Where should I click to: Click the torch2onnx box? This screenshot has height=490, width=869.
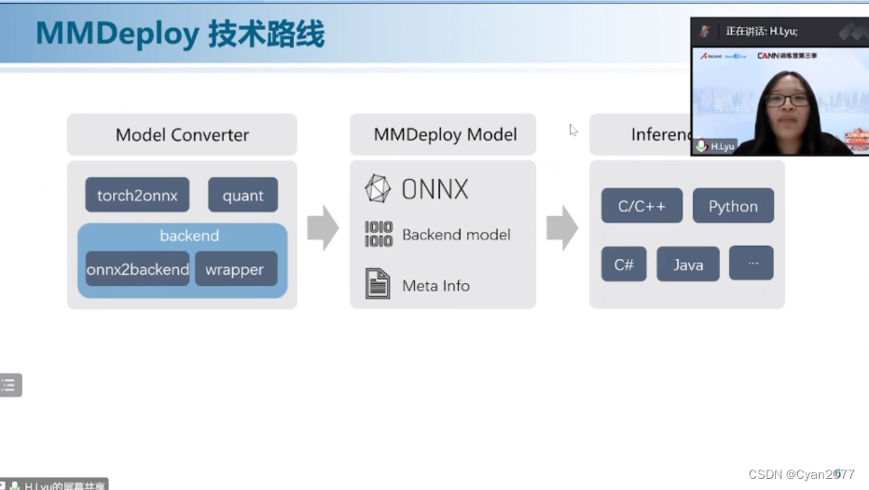(137, 196)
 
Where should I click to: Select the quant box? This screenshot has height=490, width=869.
(242, 196)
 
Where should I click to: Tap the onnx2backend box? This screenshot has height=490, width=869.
(137, 269)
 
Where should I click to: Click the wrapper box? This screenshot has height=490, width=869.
(235, 269)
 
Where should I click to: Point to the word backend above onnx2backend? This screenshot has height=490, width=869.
(189, 237)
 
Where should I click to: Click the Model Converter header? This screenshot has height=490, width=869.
(182, 135)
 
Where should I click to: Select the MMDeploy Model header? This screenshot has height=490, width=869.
(445, 135)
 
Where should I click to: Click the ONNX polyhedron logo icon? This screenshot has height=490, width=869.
(378, 189)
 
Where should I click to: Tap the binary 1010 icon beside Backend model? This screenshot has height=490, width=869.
(379, 235)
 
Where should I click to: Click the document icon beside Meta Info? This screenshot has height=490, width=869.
(378, 284)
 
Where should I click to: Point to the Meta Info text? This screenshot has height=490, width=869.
(435, 286)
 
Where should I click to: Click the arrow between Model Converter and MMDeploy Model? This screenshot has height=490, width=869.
(323, 228)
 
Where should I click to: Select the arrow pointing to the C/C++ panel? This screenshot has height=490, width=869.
(562, 228)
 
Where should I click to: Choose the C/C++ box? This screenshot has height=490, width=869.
(641, 206)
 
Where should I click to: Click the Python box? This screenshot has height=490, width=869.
(733, 206)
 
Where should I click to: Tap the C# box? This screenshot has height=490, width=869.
(624, 265)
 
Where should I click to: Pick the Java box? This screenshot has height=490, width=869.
(688, 265)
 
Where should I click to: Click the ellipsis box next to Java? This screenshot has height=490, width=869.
(752, 264)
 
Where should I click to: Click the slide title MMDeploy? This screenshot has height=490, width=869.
(117, 34)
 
